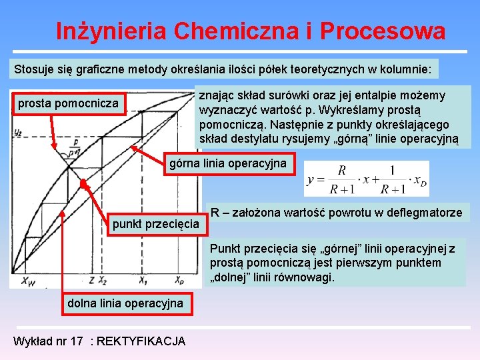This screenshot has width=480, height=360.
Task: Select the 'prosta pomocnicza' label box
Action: pos(69,103)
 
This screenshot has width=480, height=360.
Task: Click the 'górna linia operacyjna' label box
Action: pos(228,163)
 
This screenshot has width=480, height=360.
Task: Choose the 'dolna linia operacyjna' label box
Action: pos(125,303)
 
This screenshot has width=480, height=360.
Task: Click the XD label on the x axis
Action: pos(179,280)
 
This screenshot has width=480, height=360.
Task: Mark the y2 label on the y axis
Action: pos(17,131)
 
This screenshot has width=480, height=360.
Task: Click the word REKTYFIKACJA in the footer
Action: pos(141,341)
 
